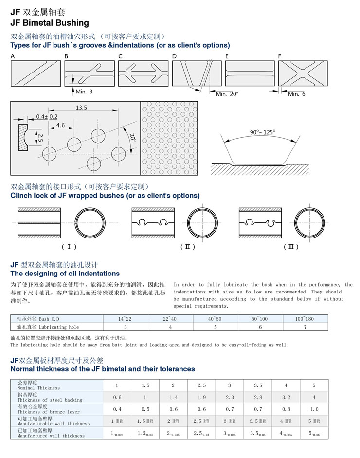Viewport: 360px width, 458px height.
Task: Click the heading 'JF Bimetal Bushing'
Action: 50,23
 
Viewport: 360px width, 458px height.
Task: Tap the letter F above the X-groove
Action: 280,56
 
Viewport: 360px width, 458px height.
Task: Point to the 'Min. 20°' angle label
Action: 227,94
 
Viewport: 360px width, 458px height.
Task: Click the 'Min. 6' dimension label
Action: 297,94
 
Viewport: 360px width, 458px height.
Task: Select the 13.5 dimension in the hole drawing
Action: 81,108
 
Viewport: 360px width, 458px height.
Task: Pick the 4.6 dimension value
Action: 60,125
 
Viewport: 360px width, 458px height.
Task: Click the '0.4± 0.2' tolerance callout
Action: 47,117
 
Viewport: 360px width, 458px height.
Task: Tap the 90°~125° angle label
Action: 263,132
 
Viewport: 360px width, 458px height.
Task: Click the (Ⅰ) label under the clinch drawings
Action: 69,247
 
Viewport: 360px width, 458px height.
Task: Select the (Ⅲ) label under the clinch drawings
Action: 291,247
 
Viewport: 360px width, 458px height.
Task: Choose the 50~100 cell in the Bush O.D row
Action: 260,318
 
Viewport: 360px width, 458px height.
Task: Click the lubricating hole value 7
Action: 305,327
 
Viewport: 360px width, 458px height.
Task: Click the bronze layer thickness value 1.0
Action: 314,409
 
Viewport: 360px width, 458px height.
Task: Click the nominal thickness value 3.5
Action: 258,385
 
